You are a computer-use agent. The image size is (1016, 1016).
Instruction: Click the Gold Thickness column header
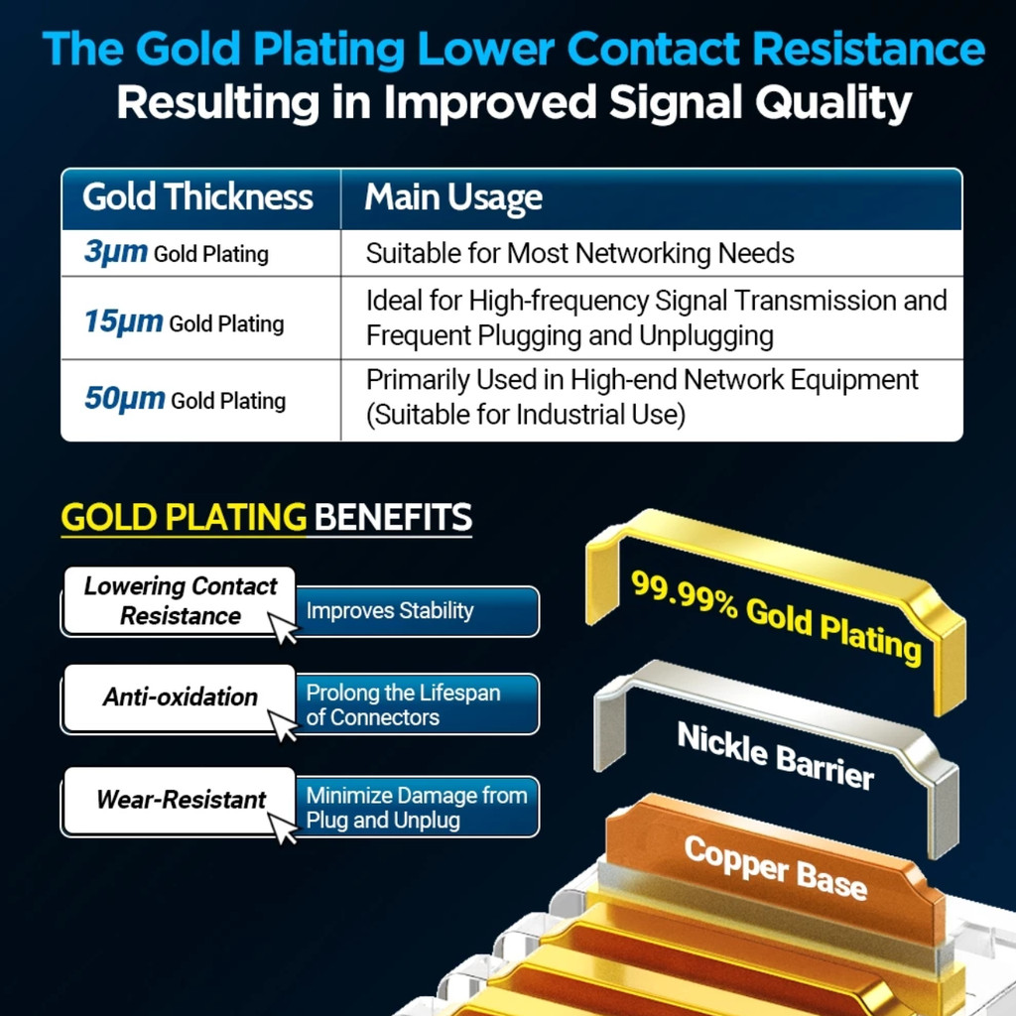point(197,196)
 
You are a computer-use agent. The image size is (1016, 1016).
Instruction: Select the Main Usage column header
point(452,197)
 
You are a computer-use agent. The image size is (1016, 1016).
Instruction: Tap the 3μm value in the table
point(116,251)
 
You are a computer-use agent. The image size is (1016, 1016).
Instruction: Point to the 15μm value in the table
point(124,321)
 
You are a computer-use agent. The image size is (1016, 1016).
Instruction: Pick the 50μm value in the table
point(124,399)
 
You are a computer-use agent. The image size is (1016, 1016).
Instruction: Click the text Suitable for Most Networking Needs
point(579,253)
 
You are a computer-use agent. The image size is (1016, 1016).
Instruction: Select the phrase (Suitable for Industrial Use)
point(526,415)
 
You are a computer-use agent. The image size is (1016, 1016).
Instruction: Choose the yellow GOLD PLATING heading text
point(184,517)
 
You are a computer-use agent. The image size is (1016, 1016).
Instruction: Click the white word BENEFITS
point(393,517)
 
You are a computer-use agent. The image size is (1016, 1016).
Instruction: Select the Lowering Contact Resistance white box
point(180,601)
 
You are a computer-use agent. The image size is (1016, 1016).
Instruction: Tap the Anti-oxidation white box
point(180,698)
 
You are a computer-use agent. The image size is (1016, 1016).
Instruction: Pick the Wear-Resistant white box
point(180,801)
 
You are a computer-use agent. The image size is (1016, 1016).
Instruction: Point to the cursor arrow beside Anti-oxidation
point(283,725)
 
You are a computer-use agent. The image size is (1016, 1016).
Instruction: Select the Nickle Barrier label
point(776,755)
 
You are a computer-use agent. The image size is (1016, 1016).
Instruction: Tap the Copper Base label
point(776,867)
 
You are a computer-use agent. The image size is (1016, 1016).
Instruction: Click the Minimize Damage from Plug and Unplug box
point(417,808)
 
